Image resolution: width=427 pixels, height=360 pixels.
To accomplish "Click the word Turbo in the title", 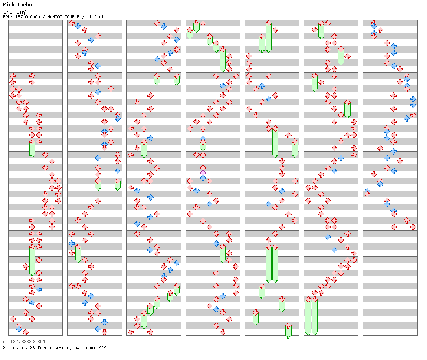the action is point(25,5).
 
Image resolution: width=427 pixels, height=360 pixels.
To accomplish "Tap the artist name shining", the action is point(15,12).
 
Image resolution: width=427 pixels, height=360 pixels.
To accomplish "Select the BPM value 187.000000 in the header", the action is point(28,17).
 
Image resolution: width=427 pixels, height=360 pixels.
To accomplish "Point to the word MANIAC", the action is point(55,17).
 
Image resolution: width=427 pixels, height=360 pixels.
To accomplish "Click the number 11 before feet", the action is point(89,17).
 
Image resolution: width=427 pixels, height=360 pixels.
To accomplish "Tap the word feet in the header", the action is point(99,17).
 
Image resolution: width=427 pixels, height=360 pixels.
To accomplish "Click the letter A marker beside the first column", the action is point(6,22).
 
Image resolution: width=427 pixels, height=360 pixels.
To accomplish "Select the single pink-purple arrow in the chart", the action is point(203,173).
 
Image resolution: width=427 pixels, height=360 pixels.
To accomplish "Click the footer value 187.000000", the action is point(23,342).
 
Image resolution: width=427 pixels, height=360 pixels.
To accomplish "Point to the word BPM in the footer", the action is point(41,342).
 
